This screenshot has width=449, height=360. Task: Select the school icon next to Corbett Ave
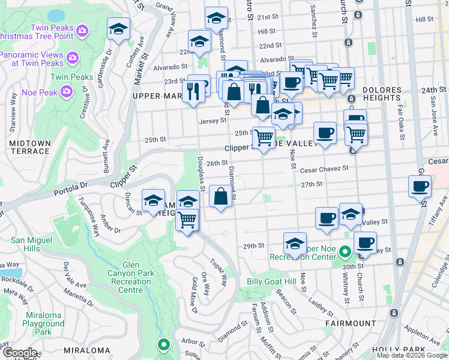pos(119,29)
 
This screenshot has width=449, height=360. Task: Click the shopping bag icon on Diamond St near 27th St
pos(221,197)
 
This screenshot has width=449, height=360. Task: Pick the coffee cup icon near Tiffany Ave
pos(420,186)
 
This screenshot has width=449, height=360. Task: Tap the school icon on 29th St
pos(295,244)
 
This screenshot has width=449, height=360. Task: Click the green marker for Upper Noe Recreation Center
pos(345,252)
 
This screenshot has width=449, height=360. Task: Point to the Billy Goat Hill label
pos(271,282)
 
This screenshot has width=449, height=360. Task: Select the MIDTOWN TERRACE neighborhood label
pos(29,147)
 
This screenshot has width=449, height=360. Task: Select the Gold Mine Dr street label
pos(194,296)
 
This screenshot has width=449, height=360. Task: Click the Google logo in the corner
pos(19,353)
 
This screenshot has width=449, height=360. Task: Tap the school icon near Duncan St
pos(153,201)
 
